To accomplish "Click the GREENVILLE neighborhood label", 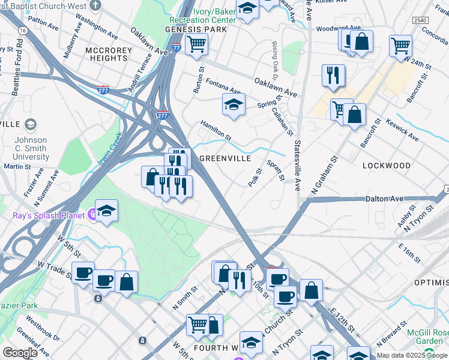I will click(x=224, y=158).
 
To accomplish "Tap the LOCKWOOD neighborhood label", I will click(x=387, y=165).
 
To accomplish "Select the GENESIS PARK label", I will click(x=196, y=29).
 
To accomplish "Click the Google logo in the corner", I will click(x=20, y=353).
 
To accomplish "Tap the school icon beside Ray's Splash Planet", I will click(x=106, y=211).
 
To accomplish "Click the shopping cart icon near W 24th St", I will click(x=400, y=44).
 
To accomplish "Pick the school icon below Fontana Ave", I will click(x=234, y=104).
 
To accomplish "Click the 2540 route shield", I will click(x=420, y=20).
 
